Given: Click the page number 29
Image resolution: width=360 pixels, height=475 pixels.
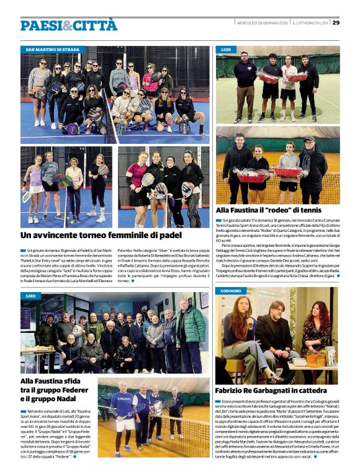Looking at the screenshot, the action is pyautogui.click(x=336, y=23).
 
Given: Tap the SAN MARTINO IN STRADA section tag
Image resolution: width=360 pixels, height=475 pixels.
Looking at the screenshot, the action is pyautogui.click(x=52, y=49).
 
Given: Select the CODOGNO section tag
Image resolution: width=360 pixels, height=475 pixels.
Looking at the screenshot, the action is pyautogui.click(x=230, y=290).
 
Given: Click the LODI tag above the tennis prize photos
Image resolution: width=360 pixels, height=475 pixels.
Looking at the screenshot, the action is pyautogui.click(x=226, y=49).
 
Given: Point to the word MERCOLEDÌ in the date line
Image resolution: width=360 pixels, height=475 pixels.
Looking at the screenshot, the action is pyautogui.click(x=250, y=23).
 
